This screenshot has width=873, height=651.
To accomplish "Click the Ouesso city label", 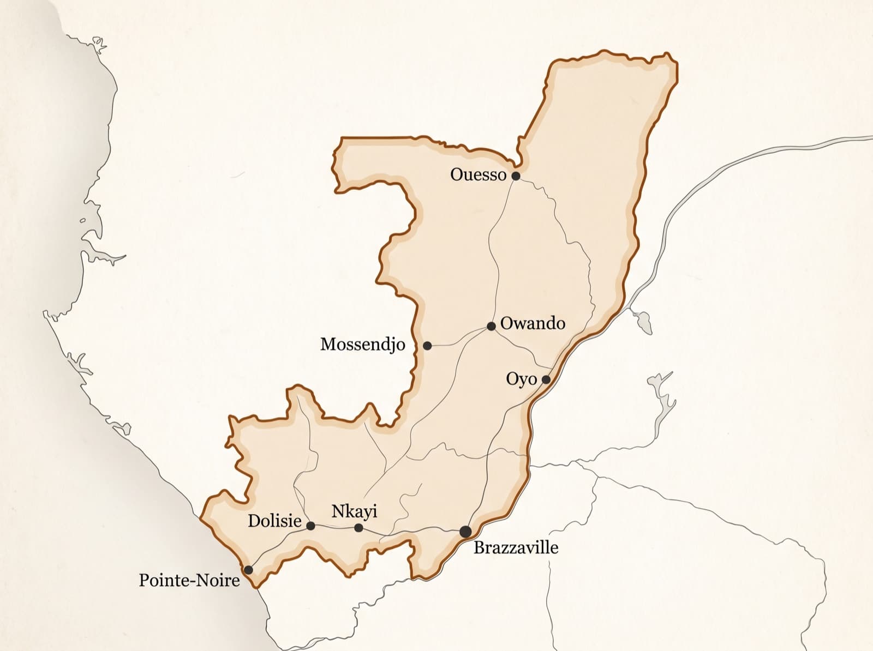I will point(478,174).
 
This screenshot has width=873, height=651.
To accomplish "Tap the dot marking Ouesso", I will point(516,176).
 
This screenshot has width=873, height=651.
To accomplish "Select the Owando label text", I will point(532,323).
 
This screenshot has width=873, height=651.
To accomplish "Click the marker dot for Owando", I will point(491,326).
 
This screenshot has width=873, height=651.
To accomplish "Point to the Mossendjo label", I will point(362,344).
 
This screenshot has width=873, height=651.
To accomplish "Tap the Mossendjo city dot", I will point(427,346).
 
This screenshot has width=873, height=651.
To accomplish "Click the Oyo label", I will point(521,379).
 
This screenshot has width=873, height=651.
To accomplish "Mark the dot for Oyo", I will point(546,379).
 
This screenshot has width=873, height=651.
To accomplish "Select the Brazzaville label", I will point(516,547).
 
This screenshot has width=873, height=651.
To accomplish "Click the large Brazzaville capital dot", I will point(465,532).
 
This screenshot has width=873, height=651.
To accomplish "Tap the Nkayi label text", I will point(354,511).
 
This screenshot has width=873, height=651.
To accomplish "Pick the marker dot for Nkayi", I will point(358,528).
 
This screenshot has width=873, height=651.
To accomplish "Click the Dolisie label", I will point(274,521).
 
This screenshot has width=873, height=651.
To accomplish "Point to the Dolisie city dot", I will point(310,526).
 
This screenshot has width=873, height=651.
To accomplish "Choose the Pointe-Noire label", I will point(189,580).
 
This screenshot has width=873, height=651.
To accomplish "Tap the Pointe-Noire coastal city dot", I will point(248,570).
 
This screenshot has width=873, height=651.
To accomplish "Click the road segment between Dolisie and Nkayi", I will point(334,527).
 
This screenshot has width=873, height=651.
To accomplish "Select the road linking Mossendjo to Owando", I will point(458,342).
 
